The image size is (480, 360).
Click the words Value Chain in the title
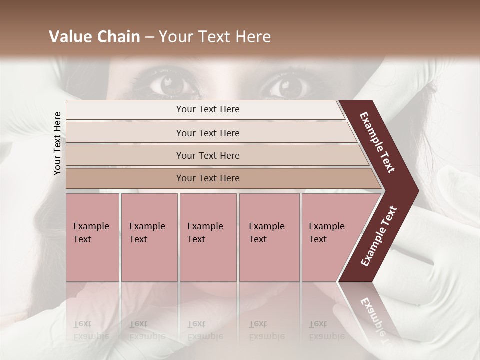(94, 37)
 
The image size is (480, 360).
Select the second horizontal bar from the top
(208, 133)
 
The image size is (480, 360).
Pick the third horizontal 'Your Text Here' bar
(208, 156)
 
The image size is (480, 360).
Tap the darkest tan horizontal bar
(208, 178)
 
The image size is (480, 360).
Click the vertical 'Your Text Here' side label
(57, 143)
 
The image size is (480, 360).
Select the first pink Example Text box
(92, 237)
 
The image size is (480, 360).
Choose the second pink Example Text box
(149, 237)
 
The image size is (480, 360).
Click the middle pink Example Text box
(208, 237)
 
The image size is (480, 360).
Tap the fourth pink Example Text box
(269, 237)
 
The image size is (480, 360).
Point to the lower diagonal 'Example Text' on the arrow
(379, 236)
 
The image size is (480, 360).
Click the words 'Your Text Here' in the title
(214, 37)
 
